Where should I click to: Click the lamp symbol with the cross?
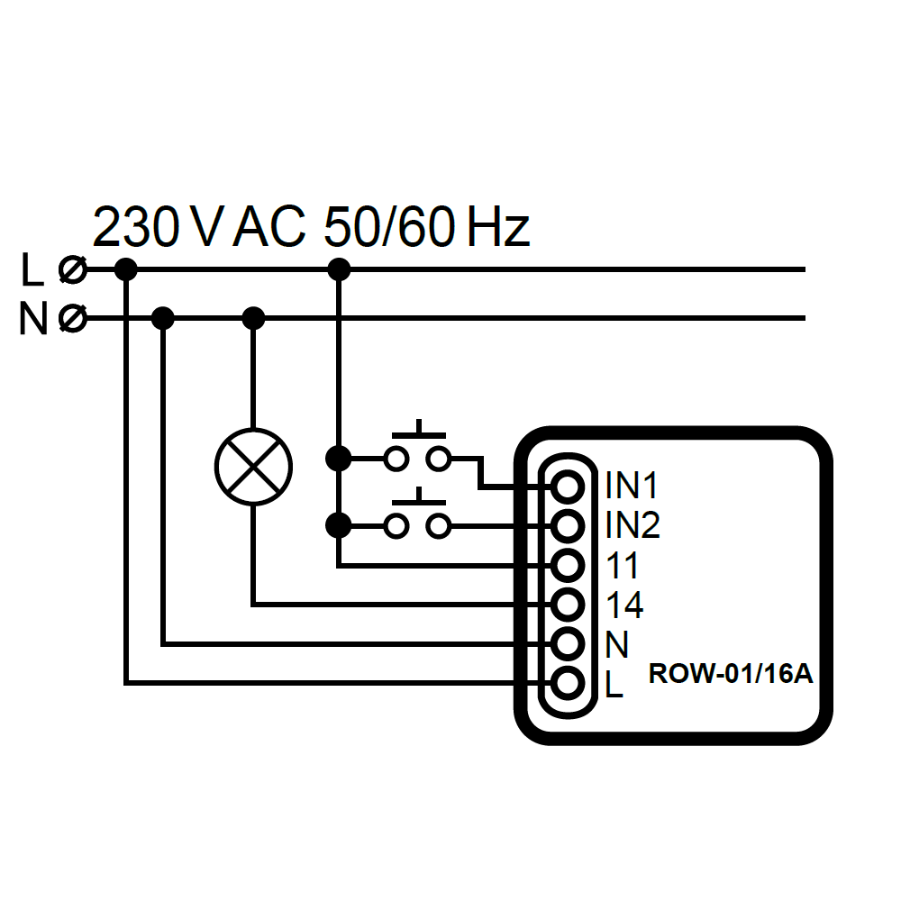tap(254, 467)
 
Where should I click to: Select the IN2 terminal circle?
tap(567, 525)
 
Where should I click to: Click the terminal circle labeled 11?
tap(567, 566)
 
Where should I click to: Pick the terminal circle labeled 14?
tap(567, 605)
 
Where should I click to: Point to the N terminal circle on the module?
tap(567, 644)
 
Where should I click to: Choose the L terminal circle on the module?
tap(567, 684)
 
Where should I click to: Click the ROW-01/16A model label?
tap(731, 674)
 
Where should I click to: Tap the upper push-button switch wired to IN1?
tap(417, 450)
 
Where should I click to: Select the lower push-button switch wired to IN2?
tap(417, 519)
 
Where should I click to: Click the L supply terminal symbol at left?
tap(72, 268)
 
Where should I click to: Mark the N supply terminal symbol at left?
tap(72, 318)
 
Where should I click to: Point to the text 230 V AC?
tap(199, 227)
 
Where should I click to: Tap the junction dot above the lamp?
tap(254, 318)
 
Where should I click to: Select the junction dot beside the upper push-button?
tap(338, 459)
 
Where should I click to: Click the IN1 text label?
tap(633, 487)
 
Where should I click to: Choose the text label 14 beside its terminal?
tap(624, 605)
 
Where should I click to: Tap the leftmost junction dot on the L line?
tap(126, 268)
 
